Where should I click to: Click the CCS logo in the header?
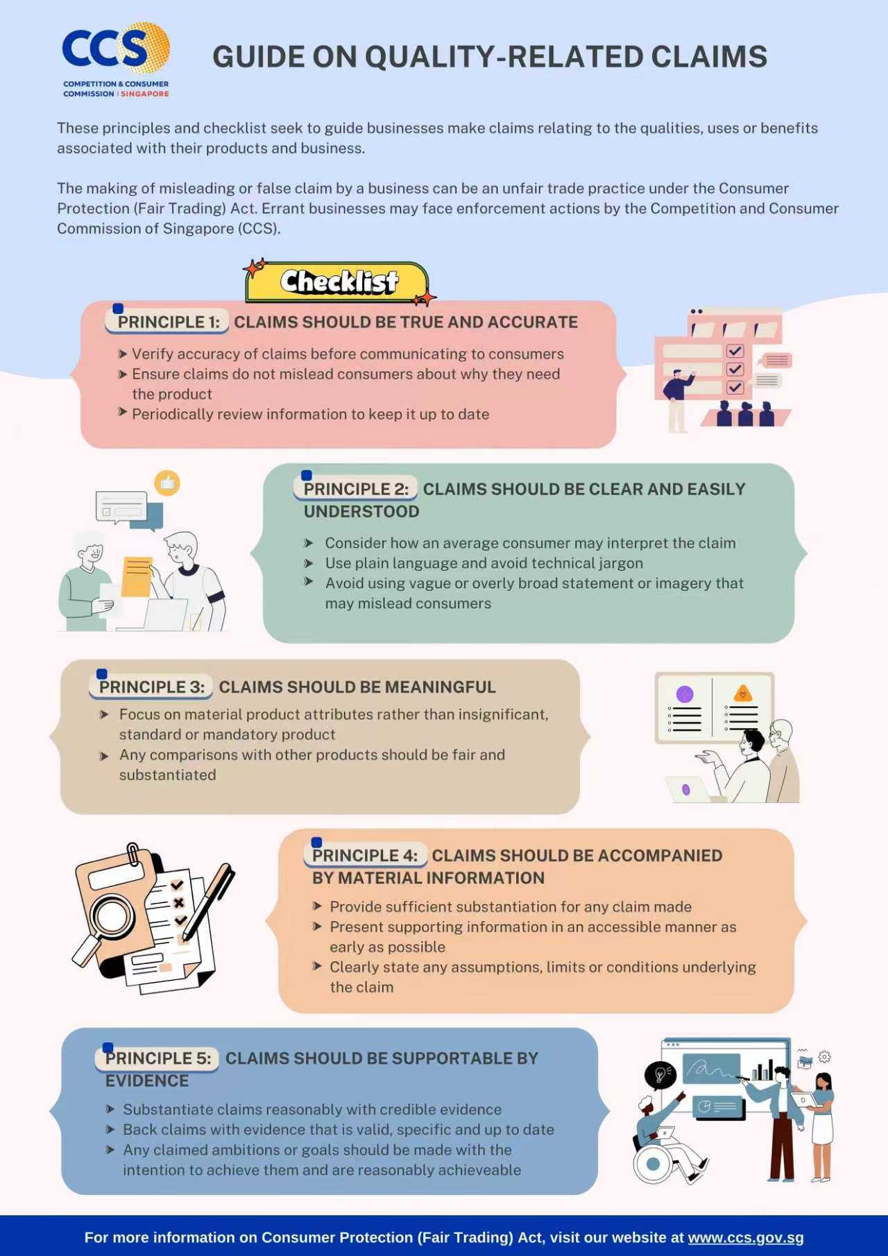(116, 60)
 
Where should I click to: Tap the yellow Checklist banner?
(337, 282)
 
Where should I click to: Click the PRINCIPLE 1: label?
(168, 322)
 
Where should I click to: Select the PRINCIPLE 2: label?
(356, 489)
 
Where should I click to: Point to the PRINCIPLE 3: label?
(151, 687)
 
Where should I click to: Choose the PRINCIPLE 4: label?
(364, 855)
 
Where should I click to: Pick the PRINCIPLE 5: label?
(157, 1058)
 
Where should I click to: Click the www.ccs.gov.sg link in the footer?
(746, 1237)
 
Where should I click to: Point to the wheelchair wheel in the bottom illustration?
(653, 1164)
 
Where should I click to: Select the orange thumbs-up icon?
(167, 483)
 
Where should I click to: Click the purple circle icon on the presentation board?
(685, 694)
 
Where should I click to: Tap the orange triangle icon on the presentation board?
(743, 693)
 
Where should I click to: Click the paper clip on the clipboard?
(133, 854)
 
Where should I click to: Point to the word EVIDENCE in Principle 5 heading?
(147, 1081)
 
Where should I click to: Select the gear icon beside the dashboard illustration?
(824, 1057)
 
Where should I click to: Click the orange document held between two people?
(137, 576)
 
